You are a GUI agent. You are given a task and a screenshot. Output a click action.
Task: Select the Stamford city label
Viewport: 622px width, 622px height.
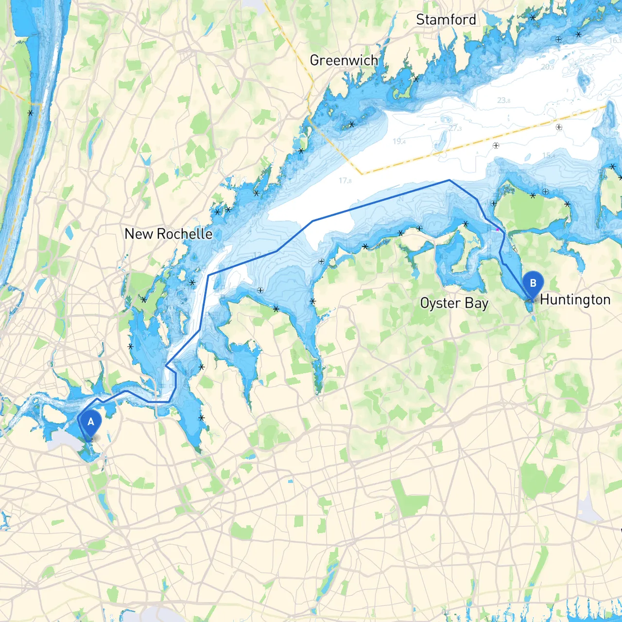pyautogui.click(x=446, y=20)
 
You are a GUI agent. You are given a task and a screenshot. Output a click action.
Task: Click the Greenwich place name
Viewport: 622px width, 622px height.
pyautogui.click(x=344, y=60)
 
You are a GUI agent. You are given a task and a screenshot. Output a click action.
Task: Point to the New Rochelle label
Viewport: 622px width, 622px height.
pyautogui.click(x=168, y=234)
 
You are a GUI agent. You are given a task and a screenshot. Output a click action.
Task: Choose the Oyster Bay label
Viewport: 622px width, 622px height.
pyautogui.click(x=454, y=303)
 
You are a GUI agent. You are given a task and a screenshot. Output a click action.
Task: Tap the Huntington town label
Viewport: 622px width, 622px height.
pyautogui.click(x=575, y=300)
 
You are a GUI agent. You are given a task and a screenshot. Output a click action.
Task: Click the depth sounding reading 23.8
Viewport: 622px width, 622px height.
pyautogui.click(x=503, y=101)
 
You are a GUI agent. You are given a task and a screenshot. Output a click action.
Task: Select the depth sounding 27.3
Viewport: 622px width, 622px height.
pyautogui.click(x=455, y=128)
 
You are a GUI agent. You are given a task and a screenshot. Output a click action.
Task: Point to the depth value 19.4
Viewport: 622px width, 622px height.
pyautogui.click(x=399, y=141)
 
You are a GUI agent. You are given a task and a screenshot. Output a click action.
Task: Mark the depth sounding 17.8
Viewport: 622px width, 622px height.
pyautogui.click(x=345, y=181)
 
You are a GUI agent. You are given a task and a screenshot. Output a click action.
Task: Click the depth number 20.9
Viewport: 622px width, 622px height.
pyautogui.click(x=547, y=67)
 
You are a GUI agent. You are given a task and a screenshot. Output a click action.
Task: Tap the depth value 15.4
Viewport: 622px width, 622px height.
pyautogui.click(x=549, y=155)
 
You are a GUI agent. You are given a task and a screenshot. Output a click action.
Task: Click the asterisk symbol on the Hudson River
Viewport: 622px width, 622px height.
pyautogui.click(x=31, y=113)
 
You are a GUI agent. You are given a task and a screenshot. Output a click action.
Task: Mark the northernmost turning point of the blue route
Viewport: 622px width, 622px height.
pyautogui.click(x=449, y=180)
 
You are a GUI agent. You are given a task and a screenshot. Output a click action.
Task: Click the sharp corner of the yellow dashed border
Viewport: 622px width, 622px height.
pyautogui.click(x=362, y=173)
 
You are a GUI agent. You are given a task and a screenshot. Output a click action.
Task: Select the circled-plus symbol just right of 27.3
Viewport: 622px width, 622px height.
pyautogui.click(x=496, y=145)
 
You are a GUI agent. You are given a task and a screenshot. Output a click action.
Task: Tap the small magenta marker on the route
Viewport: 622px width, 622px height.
pyautogui.click(x=497, y=229)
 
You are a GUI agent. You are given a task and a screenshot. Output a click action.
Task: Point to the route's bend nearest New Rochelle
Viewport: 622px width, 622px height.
pyautogui.click(x=208, y=276)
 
